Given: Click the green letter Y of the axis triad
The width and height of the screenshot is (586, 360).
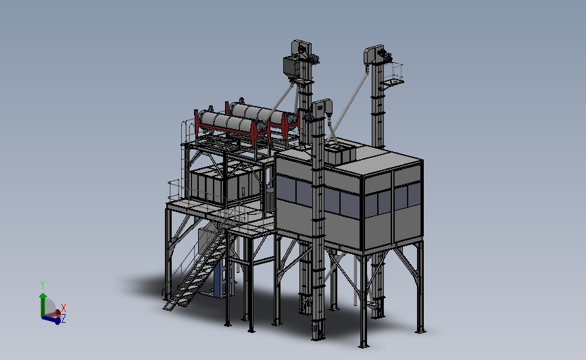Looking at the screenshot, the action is click(42, 285).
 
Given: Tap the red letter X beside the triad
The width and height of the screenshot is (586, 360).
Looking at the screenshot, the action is click(63, 308).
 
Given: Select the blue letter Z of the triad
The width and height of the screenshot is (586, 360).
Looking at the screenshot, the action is click(63, 319).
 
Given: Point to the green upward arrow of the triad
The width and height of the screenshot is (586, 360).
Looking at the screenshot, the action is click(43, 304).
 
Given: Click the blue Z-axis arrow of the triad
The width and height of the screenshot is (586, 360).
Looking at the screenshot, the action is click(51, 319).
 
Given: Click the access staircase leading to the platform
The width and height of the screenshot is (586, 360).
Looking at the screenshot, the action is click(195, 269).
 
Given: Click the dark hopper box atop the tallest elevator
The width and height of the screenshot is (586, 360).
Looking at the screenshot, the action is click(292, 67).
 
